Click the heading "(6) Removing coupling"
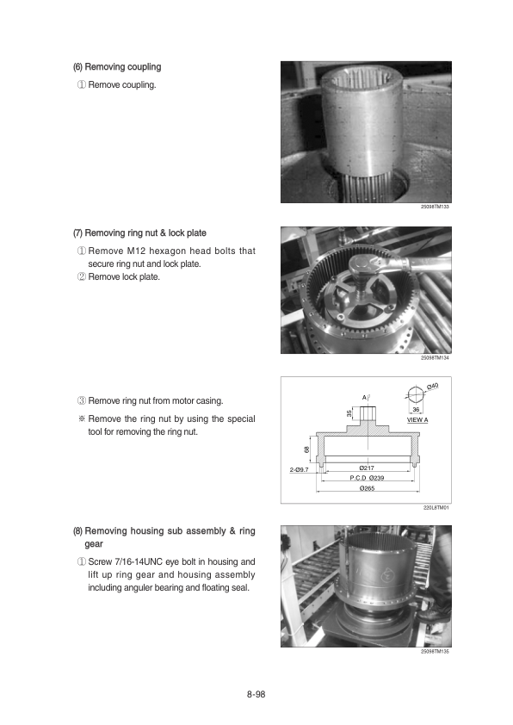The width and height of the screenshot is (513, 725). [117, 66]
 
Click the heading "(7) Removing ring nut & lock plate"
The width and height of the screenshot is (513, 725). [139, 233]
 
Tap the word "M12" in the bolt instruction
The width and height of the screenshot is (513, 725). [136, 251]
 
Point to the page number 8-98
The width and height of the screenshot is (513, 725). [256, 694]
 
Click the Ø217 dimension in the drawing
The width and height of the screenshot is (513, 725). [367, 468]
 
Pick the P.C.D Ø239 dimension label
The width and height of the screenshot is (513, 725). [367, 478]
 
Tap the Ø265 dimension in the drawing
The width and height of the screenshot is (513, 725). [367, 488]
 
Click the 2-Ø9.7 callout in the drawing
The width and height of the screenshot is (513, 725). [299, 470]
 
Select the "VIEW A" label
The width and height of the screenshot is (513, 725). [417, 420]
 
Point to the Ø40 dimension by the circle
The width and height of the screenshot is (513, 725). [433, 386]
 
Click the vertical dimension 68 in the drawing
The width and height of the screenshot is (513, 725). [306, 449]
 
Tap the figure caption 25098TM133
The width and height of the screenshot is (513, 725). [435, 207]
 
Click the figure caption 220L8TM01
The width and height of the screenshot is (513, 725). [436, 508]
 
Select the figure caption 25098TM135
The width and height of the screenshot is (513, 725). [435, 652]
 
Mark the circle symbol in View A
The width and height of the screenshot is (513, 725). [416, 394]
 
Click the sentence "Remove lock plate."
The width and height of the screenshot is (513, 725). [124, 277]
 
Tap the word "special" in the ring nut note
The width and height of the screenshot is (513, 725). [241, 419]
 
